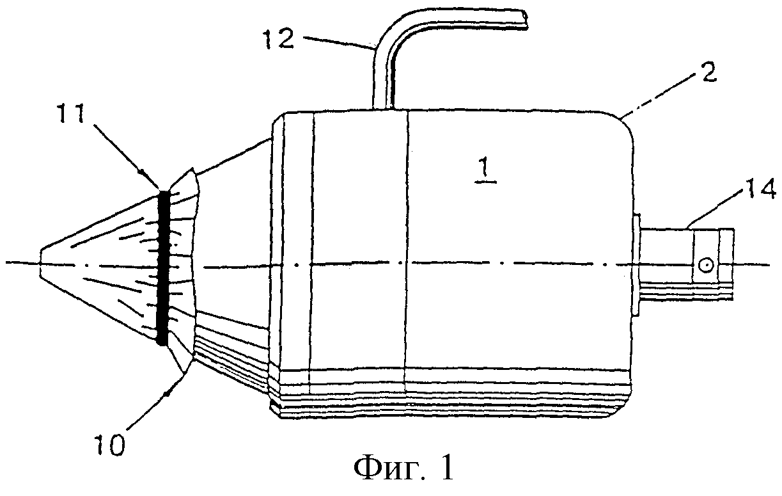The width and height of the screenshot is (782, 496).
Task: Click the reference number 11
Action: [71, 115]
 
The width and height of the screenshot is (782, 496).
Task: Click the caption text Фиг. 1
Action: [404, 468]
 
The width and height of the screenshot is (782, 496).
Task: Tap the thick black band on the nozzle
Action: [162, 268]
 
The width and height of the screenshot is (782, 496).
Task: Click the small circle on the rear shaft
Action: [705, 264]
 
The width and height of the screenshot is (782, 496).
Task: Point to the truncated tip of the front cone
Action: [40, 263]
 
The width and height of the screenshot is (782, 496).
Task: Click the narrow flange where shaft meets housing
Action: [636, 266]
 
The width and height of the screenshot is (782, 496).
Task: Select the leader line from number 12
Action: [338, 44]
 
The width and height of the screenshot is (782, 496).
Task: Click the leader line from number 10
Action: [156, 401]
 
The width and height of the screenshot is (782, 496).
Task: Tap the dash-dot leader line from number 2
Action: [659, 98]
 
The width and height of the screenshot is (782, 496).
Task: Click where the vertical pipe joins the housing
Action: [383, 109]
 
